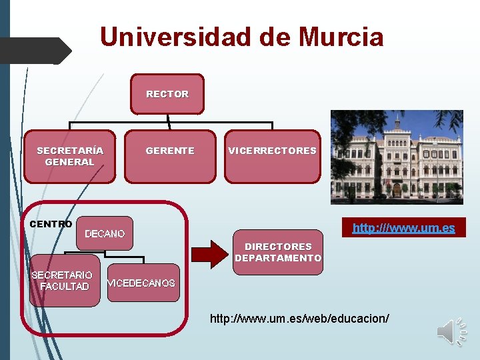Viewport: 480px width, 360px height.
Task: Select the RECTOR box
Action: [167, 94]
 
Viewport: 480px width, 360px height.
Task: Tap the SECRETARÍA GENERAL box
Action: [69, 157]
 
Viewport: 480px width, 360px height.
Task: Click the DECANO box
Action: [105, 234]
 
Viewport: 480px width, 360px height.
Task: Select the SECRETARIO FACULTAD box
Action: [64, 281]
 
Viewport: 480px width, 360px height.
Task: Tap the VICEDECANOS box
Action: [142, 283]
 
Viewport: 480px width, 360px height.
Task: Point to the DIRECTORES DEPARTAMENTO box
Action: [278, 253]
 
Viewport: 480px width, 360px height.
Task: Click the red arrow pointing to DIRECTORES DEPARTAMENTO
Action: [209, 253]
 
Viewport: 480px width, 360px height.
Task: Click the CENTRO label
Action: [51, 224]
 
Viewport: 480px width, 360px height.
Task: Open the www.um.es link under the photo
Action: [403, 228]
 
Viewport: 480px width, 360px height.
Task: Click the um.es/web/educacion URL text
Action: [299, 319]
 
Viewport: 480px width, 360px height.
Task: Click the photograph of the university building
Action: [396, 157]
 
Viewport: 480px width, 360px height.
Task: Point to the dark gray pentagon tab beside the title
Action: [35, 51]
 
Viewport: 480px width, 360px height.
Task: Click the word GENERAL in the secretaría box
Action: [69, 162]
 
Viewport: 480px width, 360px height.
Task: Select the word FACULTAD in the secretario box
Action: [64, 287]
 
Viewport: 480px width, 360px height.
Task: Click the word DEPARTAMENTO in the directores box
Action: [278, 258]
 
